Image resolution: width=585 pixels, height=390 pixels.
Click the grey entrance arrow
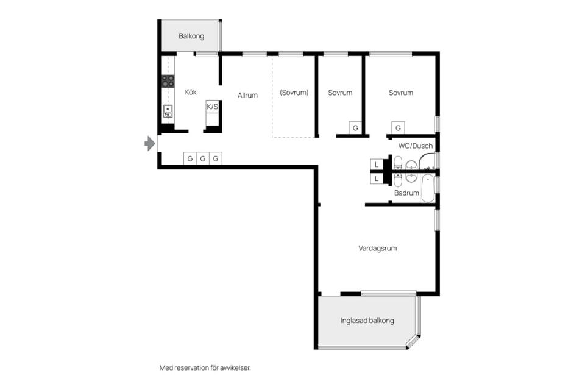coord(150,144)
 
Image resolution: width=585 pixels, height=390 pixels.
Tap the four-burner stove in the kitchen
coord(168,81)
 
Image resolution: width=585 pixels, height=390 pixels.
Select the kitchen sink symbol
coord(167,111)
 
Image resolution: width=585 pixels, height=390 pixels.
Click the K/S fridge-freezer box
coord(213,107)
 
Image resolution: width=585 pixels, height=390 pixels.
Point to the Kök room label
coord(191,93)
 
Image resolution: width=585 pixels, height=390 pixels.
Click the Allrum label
coord(247,95)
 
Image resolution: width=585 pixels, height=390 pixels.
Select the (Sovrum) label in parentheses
coord(294,93)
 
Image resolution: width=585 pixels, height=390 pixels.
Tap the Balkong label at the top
coord(191,36)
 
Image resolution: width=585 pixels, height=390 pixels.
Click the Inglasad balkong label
coord(367,321)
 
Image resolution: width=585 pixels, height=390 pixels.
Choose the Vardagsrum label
coord(378,248)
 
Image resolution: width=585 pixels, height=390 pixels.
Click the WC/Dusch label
coord(415,146)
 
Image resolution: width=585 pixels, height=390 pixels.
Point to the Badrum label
coord(406,193)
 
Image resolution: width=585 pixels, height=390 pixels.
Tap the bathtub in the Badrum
coord(428,188)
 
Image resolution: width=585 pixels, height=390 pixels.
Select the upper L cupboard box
coord(377,165)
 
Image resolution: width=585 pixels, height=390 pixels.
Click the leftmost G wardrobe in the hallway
coord(190,158)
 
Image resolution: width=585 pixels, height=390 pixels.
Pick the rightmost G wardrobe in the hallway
coord(215,158)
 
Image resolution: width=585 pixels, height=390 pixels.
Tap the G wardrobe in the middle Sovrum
coord(355,128)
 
